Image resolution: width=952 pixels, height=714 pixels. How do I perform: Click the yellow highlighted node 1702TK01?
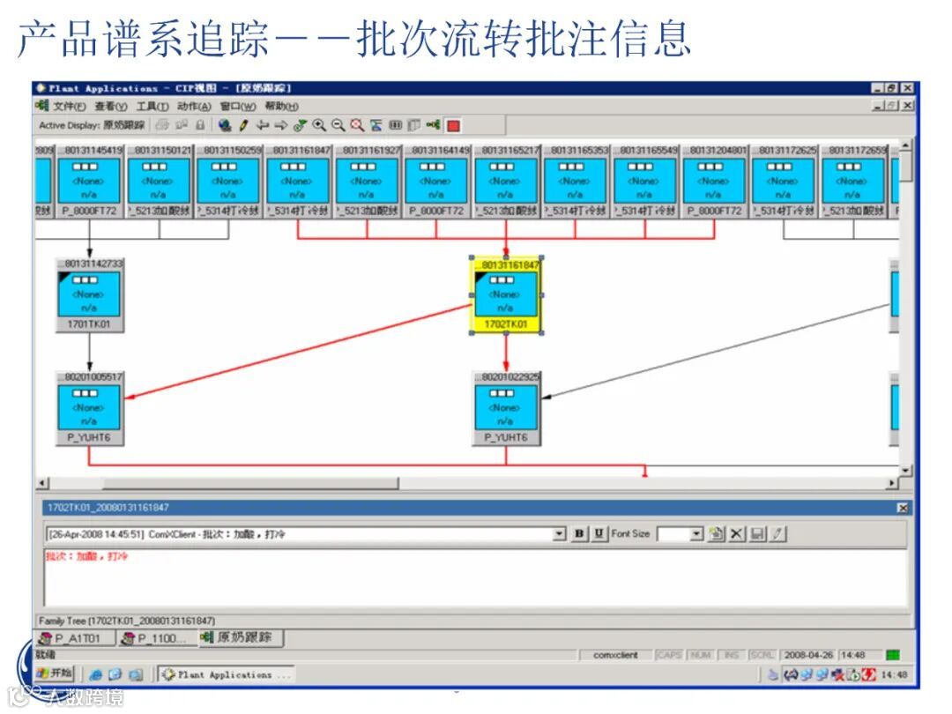(x=505, y=294)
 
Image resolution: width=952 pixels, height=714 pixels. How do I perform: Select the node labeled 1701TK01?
(x=89, y=294)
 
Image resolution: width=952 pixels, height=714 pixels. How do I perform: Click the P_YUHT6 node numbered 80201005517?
(x=89, y=407)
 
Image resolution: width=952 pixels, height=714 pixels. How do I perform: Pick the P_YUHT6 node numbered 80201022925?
(x=505, y=407)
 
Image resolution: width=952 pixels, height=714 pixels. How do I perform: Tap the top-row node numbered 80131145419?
(x=89, y=181)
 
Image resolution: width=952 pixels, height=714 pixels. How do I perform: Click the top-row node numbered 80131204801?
(x=713, y=181)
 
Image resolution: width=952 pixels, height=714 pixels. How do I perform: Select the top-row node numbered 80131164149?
(x=435, y=181)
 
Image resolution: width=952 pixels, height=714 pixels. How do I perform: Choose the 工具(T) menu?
(x=152, y=107)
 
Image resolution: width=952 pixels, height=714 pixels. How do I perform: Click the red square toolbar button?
(x=453, y=125)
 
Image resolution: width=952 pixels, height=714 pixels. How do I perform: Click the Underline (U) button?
(x=599, y=534)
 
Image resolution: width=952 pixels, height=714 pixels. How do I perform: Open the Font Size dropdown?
(x=695, y=534)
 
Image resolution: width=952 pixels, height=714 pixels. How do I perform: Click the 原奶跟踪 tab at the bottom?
(x=238, y=637)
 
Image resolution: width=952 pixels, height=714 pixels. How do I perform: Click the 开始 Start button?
(x=56, y=673)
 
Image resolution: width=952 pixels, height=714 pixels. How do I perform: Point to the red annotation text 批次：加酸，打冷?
(x=87, y=556)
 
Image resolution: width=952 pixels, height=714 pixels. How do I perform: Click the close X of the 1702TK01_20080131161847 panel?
(x=903, y=508)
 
